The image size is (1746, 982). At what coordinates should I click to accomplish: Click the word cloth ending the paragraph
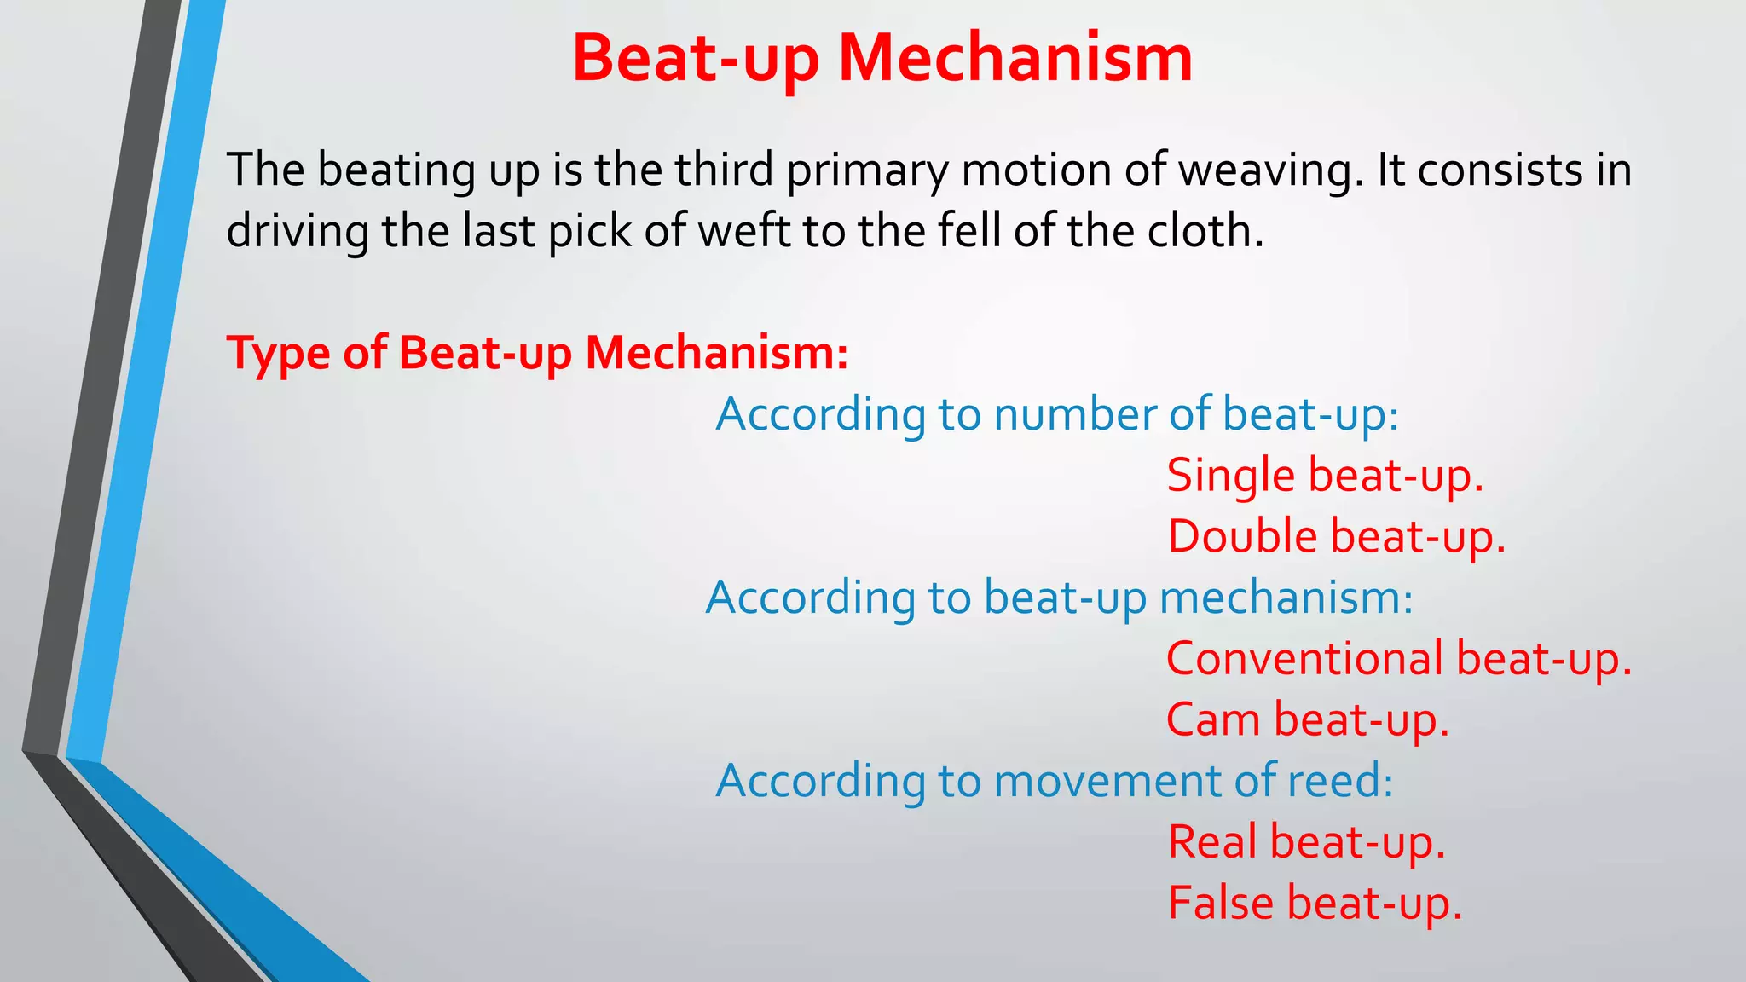click(1204, 231)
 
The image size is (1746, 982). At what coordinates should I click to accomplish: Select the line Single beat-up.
click(1325, 476)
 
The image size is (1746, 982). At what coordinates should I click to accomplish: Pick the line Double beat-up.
click(1336, 537)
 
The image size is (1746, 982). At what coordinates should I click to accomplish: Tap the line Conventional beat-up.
click(1398, 659)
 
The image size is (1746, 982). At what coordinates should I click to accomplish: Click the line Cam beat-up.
click(1307, 720)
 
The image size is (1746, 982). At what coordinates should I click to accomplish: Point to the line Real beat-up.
click(1306, 842)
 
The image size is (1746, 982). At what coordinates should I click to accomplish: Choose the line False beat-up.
click(1315, 904)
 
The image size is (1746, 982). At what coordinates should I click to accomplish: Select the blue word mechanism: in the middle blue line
click(1286, 598)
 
